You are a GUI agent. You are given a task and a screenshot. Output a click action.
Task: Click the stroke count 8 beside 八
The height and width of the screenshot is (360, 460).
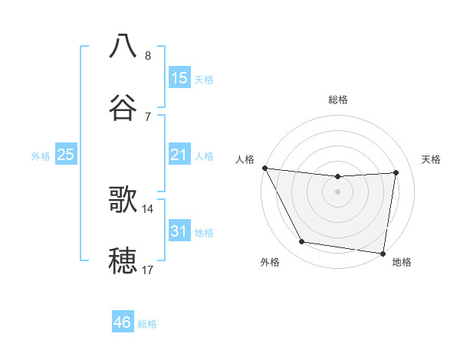(x=148, y=55)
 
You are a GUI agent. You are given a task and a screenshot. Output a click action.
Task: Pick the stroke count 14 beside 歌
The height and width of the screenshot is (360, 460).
(x=148, y=208)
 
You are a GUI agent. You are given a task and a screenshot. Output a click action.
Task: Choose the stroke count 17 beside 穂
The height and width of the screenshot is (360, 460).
(x=148, y=270)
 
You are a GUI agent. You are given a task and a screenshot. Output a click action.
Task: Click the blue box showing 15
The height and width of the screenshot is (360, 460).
(x=179, y=78)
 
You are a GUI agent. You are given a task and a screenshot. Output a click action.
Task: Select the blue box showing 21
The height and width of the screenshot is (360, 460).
(x=179, y=155)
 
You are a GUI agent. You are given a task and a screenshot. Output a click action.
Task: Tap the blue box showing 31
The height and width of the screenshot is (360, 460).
(x=179, y=231)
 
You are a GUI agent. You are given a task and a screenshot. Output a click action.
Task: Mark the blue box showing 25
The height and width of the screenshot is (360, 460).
(x=66, y=155)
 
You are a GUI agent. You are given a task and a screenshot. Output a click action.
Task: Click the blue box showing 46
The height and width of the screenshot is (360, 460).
(x=123, y=322)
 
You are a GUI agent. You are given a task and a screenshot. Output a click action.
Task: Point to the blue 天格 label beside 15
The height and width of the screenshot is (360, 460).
(x=204, y=80)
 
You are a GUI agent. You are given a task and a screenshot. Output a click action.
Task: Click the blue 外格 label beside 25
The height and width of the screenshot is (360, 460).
(x=41, y=156)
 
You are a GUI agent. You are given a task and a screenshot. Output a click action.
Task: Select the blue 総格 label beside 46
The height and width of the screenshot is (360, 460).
(x=147, y=324)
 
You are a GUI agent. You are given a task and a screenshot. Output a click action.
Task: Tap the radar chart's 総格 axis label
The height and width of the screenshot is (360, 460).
(x=338, y=100)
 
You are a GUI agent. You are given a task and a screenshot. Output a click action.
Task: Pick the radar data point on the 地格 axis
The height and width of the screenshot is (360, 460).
(x=383, y=253)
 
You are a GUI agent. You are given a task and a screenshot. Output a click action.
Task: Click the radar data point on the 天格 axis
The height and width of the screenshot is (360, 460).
(x=396, y=172)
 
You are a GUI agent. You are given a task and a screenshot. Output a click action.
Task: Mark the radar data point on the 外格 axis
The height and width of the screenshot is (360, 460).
(x=302, y=243)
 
